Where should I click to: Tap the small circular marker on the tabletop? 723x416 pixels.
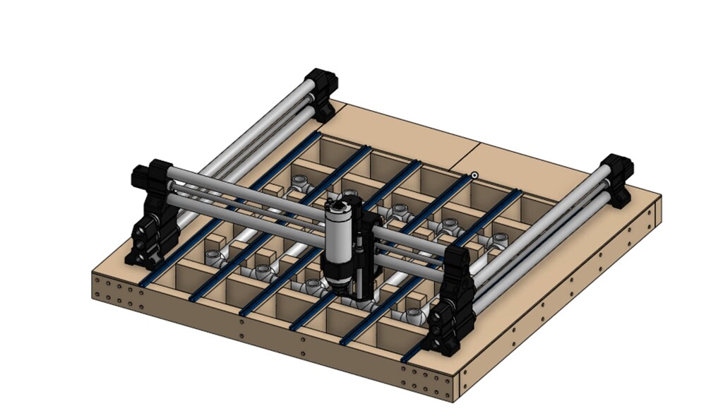pyautogui.click(x=475, y=175)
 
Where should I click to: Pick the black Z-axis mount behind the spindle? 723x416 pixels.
pyautogui.click(x=361, y=254)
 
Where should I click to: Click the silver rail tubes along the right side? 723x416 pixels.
pyautogui.click(x=544, y=233)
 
